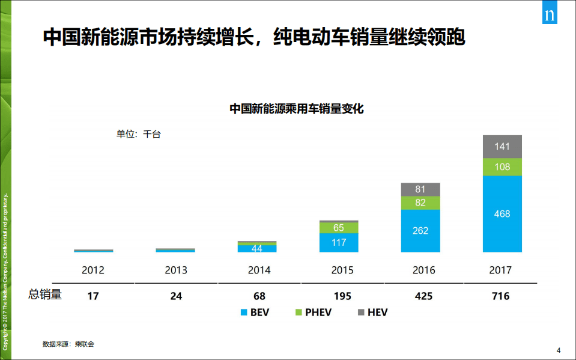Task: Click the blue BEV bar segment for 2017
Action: click(x=502, y=214)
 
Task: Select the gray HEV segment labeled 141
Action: click(x=502, y=147)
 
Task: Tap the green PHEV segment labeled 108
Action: click(x=502, y=167)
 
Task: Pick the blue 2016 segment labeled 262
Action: click(x=420, y=231)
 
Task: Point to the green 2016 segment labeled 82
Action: click(x=420, y=203)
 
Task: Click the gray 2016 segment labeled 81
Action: click(x=420, y=189)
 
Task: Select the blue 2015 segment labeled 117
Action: click(x=339, y=243)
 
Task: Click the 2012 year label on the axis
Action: click(x=93, y=270)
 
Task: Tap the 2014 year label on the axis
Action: click(x=259, y=270)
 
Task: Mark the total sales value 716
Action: click(x=500, y=296)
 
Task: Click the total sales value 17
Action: click(x=93, y=296)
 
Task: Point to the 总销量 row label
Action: click(x=45, y=295)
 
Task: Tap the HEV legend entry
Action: click(x=372, y=313)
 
